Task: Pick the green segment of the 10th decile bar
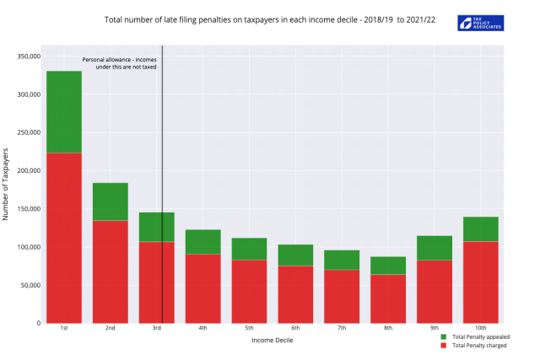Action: tap(481, 229)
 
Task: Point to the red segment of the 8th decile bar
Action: tap(388, 298)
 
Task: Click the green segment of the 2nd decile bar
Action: tap(111, 201)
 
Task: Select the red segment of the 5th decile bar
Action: tap(249, 291)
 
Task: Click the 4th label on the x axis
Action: tap(202, 329)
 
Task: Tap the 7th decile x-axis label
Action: tap(342, 329)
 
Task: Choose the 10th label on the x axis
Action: tap(481, 329)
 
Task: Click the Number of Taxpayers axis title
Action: tap(7, 184)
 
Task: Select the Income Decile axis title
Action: tap(272, 341)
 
